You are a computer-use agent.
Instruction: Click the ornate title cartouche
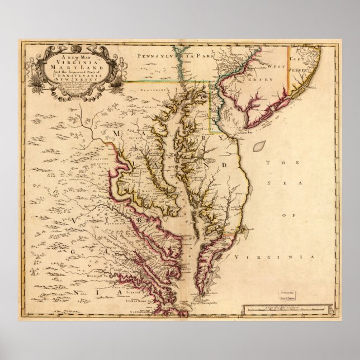(x=73, y=69)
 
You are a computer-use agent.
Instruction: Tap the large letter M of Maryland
(x=119, y=132)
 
